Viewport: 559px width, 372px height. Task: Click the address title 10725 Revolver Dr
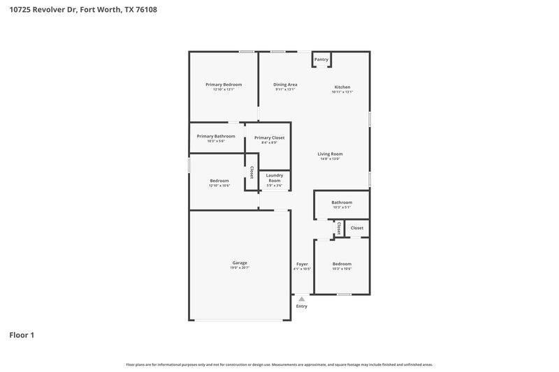78,10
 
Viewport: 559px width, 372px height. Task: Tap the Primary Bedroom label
224,84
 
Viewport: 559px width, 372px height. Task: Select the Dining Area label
285,84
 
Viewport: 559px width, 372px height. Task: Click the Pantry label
321,60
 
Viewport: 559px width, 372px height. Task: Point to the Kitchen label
342,87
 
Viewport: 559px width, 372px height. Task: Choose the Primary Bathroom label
216,136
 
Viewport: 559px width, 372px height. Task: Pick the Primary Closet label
269,137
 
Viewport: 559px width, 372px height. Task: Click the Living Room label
331,154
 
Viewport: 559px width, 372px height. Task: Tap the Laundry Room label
274,178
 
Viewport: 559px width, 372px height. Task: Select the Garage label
240,263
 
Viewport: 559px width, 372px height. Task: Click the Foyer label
302,264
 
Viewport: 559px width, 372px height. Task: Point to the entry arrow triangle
302,299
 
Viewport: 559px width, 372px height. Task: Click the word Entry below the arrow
302,306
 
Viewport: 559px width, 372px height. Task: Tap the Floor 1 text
22,335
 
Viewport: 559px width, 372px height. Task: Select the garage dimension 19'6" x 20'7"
240,269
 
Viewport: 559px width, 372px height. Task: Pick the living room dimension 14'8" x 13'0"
331,159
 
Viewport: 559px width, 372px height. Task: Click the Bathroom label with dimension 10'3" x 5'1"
342,202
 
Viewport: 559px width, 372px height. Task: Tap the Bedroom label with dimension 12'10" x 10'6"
219,181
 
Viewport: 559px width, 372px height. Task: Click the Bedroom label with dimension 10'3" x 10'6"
342,264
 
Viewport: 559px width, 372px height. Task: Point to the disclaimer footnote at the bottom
279,364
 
